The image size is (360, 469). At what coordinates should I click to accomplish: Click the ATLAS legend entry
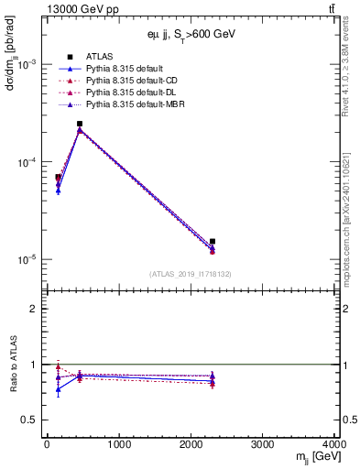point(98,57)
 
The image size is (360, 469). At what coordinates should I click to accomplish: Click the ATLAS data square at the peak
point(80,124)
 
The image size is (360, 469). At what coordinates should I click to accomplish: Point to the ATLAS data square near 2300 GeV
point(213,242)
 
